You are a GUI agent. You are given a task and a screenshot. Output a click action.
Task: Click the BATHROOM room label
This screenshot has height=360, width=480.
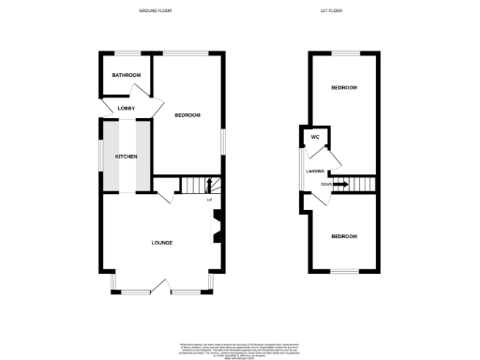pyautogui.click(x=126, y=75)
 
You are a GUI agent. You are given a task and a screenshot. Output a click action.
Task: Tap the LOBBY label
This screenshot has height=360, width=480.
pyautogui.click(x=126, y=109)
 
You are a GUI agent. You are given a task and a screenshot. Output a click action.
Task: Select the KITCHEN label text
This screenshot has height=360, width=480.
pyautogui.click(x=126, y=156)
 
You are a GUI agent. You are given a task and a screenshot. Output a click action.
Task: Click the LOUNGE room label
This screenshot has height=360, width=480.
pyautogui.click(x=162, y=243)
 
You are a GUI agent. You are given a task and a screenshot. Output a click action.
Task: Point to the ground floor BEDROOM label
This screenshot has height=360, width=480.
pyautogui.click(x=187, y=115)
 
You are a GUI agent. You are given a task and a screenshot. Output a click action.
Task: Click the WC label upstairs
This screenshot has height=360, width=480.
pyautogui.click(x=315, y=138)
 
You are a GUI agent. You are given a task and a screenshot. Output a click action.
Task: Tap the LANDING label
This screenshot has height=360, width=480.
pyautogui.click(x=315, y=171)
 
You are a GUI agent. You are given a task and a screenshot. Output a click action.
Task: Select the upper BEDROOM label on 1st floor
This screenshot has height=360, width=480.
pyautogui.click(x=343, y=88)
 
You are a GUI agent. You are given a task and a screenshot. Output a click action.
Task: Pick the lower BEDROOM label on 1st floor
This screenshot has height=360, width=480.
pyautogui.click(x=343, y=236)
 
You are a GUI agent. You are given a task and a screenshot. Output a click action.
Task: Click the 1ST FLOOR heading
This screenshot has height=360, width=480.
pyautogui.click(x=342, y=10)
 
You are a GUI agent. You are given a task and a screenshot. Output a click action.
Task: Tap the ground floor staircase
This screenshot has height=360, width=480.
pyautogui.click(x=197, y=186)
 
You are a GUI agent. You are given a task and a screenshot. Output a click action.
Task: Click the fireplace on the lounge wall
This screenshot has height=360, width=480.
pyautogui.click(x=217, y=226)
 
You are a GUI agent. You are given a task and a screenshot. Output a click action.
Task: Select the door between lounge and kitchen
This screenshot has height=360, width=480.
pyautogui.click(x=165, y=197)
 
